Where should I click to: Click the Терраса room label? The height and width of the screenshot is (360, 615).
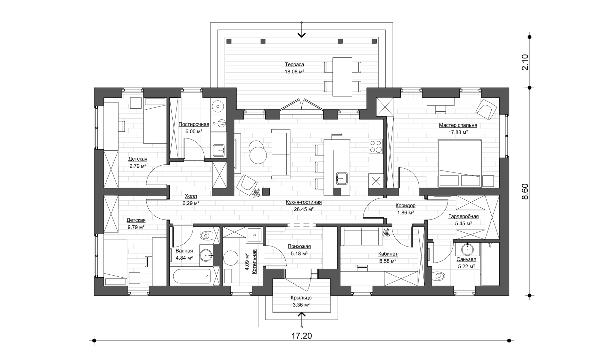(x=294, y=64)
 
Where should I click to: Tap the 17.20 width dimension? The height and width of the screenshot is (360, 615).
(x=301, y=336)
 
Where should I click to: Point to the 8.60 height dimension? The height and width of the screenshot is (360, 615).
(x=525, y=191)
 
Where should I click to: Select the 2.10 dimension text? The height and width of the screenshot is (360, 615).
(x=525, y=62)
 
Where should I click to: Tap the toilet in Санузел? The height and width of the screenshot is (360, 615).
(x=439, y=276)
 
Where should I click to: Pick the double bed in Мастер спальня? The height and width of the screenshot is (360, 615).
(x=460, y=163)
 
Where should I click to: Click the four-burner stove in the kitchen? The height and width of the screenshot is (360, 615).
(x=376, y=146)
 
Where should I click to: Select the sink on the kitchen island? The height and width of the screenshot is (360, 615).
(x=342, y=178)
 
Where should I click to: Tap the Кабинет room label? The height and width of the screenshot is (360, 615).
(x=388, y=254)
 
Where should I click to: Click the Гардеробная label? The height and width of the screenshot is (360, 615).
(x=463, y=216)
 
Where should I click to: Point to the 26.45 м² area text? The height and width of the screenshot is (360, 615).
(x=304, y=209)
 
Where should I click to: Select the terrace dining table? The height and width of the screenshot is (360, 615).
(x=342, y=77)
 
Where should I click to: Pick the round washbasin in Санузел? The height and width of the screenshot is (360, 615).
(x=468, y=248)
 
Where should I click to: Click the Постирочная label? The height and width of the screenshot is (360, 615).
(x=194, y=124)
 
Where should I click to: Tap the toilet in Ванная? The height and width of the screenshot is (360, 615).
(x=206, y=236)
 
